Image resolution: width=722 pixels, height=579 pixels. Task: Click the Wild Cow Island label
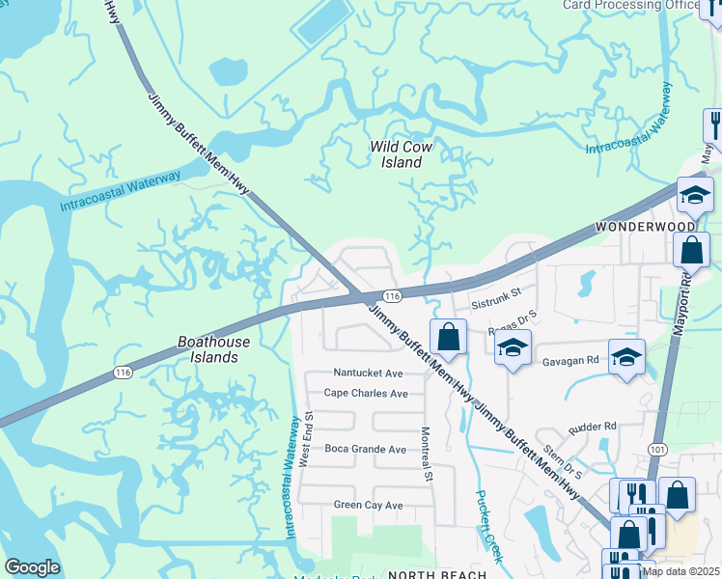[x=402, y=154]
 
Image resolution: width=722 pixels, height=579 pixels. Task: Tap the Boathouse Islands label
[x=213, y=349]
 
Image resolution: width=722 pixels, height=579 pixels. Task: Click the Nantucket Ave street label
[x=367, y=372]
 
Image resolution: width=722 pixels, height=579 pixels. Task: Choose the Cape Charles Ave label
[x=366, y=394]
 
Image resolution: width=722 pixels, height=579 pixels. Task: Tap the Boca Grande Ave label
[x=365, y=450]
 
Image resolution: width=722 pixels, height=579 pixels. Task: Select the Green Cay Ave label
[x=368, y=506]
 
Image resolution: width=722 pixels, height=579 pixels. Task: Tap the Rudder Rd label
[x=593, y=426]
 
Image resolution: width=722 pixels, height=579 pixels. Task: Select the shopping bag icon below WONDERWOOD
[x=692, y=251]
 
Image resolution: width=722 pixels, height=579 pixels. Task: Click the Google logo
[x=32, y=567]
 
